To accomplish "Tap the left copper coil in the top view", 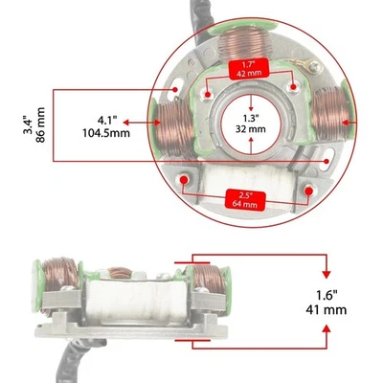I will (176, 124).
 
